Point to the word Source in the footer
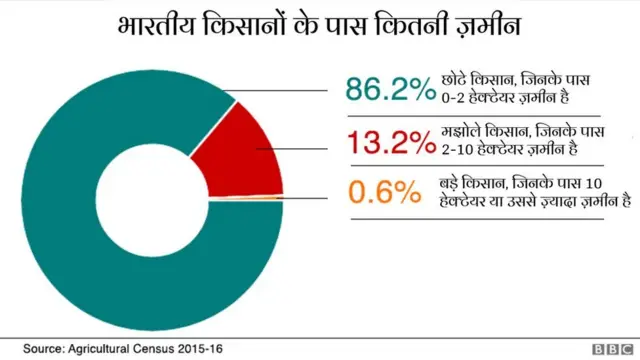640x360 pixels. pyautogui.click(x=43, y=348)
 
